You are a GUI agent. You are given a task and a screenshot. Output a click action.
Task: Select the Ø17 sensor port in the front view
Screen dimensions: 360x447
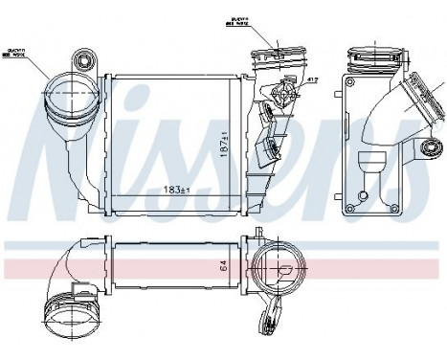click(283, 96)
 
